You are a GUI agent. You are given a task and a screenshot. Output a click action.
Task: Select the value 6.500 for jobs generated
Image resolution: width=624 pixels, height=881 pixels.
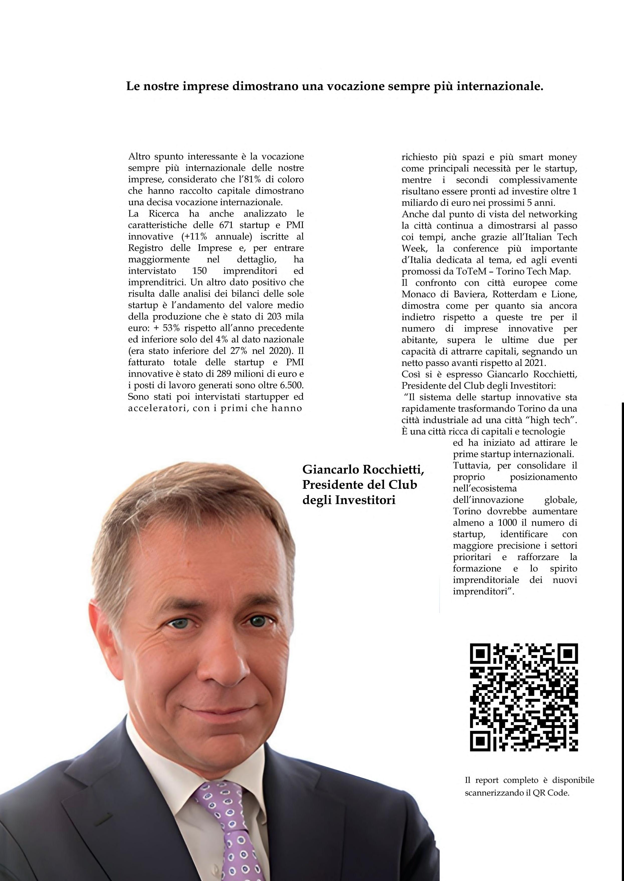(x=292, y=385)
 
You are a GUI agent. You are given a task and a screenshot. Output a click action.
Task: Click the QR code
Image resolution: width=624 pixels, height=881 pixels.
(x=524, y=697)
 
